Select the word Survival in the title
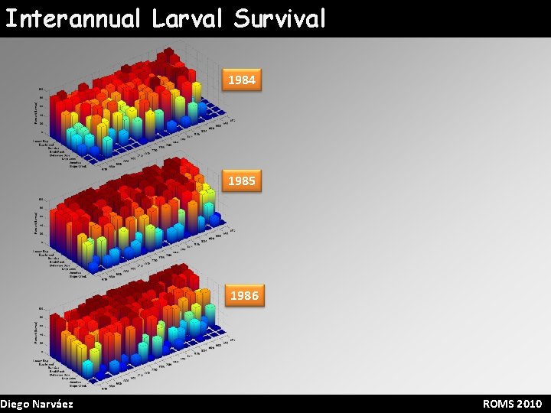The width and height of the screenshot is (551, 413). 280,18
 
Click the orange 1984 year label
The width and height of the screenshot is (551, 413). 241,80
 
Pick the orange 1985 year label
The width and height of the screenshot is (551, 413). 241,180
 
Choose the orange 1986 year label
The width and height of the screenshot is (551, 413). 244,294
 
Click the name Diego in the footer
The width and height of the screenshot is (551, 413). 15,404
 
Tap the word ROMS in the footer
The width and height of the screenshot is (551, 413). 498,404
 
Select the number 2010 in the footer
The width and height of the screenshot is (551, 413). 529,404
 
